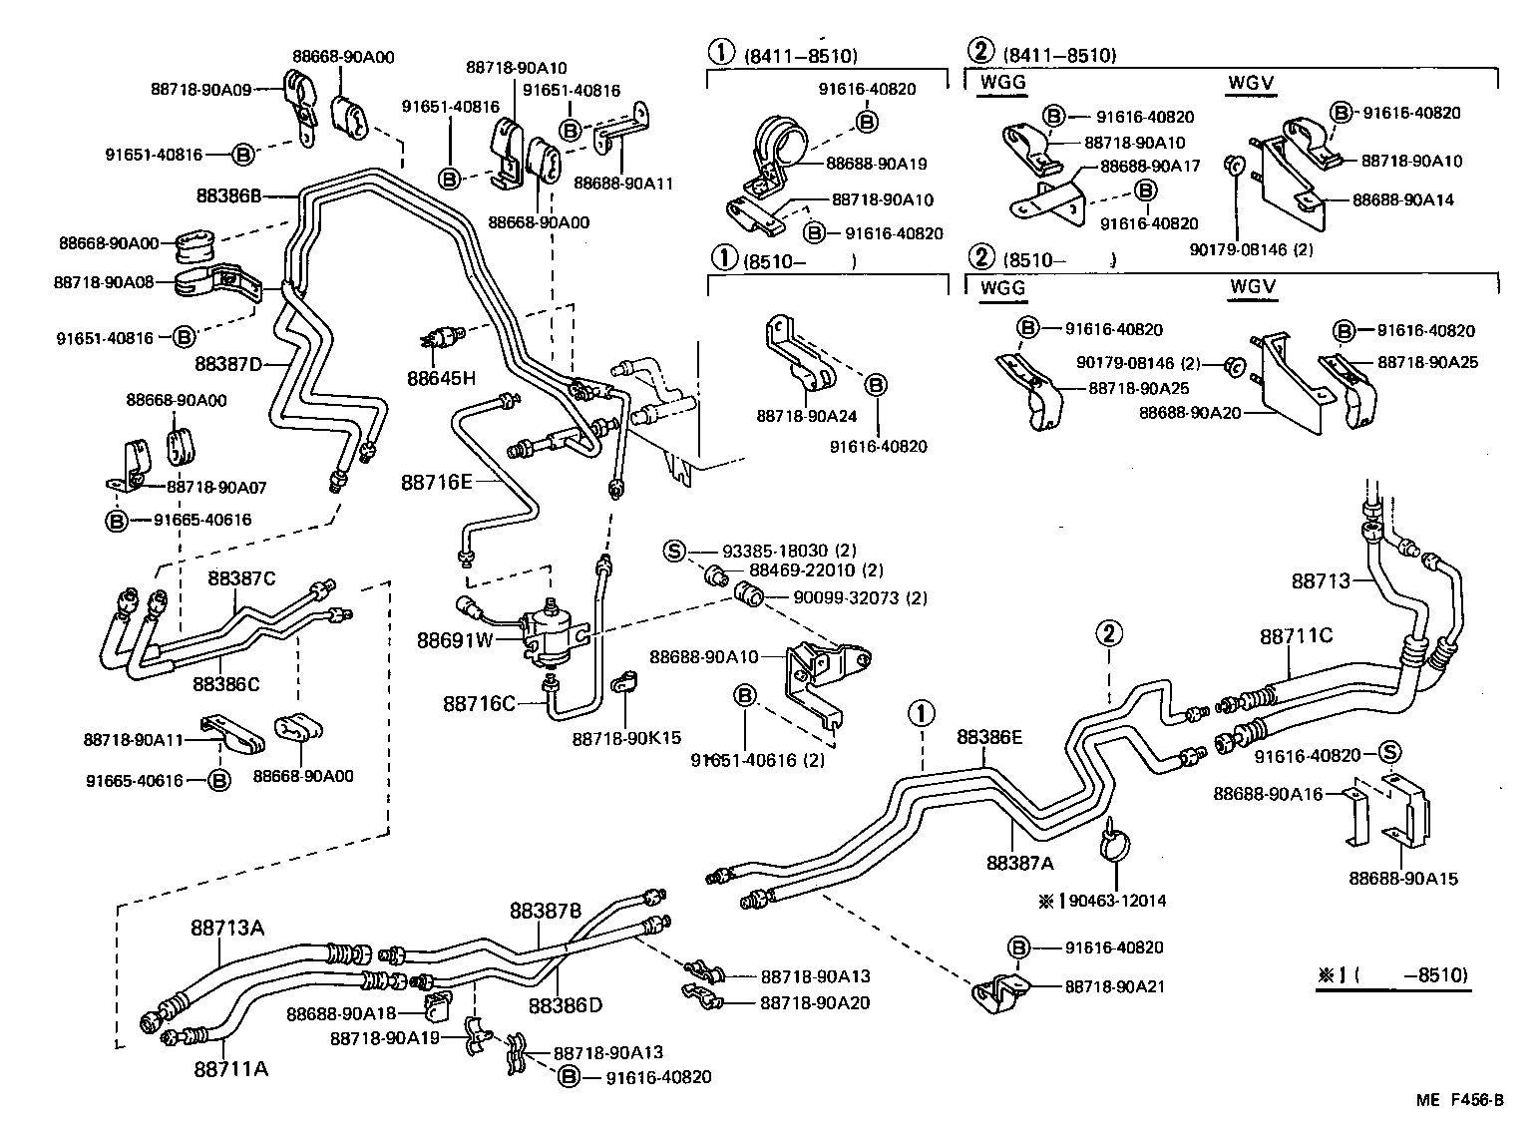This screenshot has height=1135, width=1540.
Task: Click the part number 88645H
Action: pos(441,378)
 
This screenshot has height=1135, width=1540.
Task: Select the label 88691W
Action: pos(455,639)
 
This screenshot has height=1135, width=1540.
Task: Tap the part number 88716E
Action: pos(436,482)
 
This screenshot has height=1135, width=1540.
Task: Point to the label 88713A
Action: pos(227,928)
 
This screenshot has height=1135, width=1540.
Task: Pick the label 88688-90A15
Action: pos(1403,879)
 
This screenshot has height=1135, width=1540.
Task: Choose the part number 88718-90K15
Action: pos(626,738)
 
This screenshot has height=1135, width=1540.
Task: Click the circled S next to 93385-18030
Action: pos(675,551)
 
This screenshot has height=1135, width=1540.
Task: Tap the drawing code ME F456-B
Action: pos(1458,1100)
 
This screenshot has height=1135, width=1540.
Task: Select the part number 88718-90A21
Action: pos(1114,986)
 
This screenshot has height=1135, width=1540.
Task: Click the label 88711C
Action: pos(1296,635)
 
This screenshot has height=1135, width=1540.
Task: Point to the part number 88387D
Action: pos(228,363)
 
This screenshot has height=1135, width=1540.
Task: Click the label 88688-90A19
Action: pos(877,164)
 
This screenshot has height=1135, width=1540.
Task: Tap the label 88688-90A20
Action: pos(1189,411)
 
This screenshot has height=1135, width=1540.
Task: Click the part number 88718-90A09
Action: pos(200,89)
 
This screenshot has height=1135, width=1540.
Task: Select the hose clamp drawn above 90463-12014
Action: pos(1115,843)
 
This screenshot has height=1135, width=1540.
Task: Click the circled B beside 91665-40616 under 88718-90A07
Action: pos(117,520)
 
